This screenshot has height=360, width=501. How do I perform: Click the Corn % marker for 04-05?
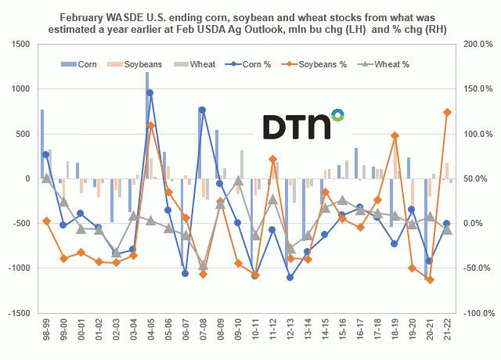[150, 93]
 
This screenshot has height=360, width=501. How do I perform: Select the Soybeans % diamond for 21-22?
[447, 112]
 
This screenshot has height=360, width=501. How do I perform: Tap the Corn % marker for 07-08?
[202, 110]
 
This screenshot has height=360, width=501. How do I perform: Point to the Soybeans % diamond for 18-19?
[395, 135]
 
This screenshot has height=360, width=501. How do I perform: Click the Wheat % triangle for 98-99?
[46, 178]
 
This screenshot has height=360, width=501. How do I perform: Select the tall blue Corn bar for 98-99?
[42, 144]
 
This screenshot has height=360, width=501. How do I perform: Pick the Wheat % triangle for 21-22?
[447, 229]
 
